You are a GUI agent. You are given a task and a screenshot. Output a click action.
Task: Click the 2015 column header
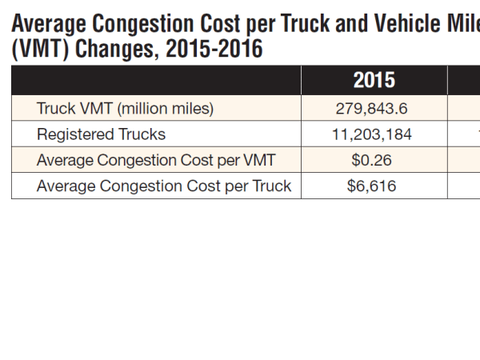[374, 81]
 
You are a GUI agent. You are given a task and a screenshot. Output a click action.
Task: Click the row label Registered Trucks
[101, 134]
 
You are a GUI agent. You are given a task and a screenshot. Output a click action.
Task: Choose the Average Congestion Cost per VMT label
[156, 161]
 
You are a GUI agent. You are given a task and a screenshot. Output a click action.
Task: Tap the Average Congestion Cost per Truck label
[163, 187]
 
